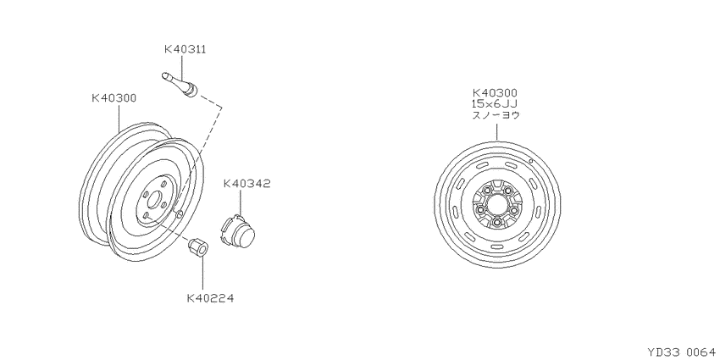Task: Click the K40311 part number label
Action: pyautogui.click(x=185, y=49)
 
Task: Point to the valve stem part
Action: pyautogui.click(x=180, y=85)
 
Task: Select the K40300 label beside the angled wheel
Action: pyautogui.click(x=114, y=97)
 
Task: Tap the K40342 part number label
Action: pyautogui.click(x=247, y=184)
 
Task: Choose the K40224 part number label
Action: pyautogui.click(x=210, y=298)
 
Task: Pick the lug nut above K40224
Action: pyautogui.click(x=198, y=247)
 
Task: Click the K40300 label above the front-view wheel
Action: pyautogui.click(x=495, y=93)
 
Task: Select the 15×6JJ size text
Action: pyautogui.click(x=495, y=104)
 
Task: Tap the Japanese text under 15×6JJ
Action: pyautogui.click(x=496, y=115)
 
